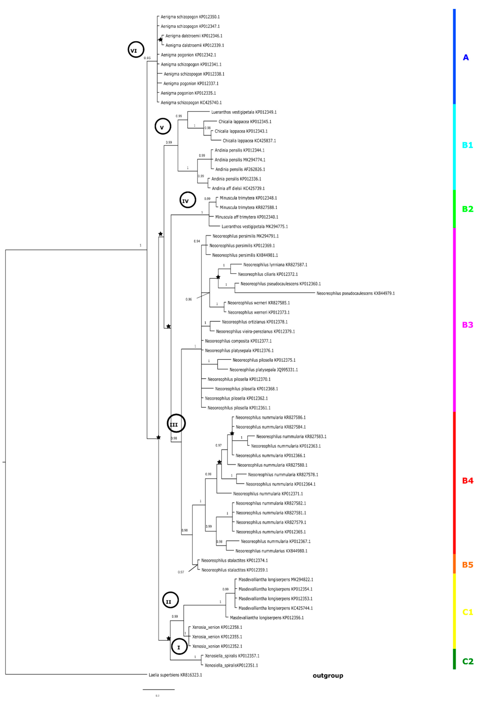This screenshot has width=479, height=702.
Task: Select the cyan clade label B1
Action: coord(467,145)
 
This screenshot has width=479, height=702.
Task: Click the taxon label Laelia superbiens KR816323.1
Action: coord(175,674)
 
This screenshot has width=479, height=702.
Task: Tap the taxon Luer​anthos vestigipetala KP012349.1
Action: coord(244,112)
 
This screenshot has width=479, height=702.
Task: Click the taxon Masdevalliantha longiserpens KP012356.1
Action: coord(267,618)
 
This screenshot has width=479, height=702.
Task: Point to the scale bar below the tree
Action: coord(159,689)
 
